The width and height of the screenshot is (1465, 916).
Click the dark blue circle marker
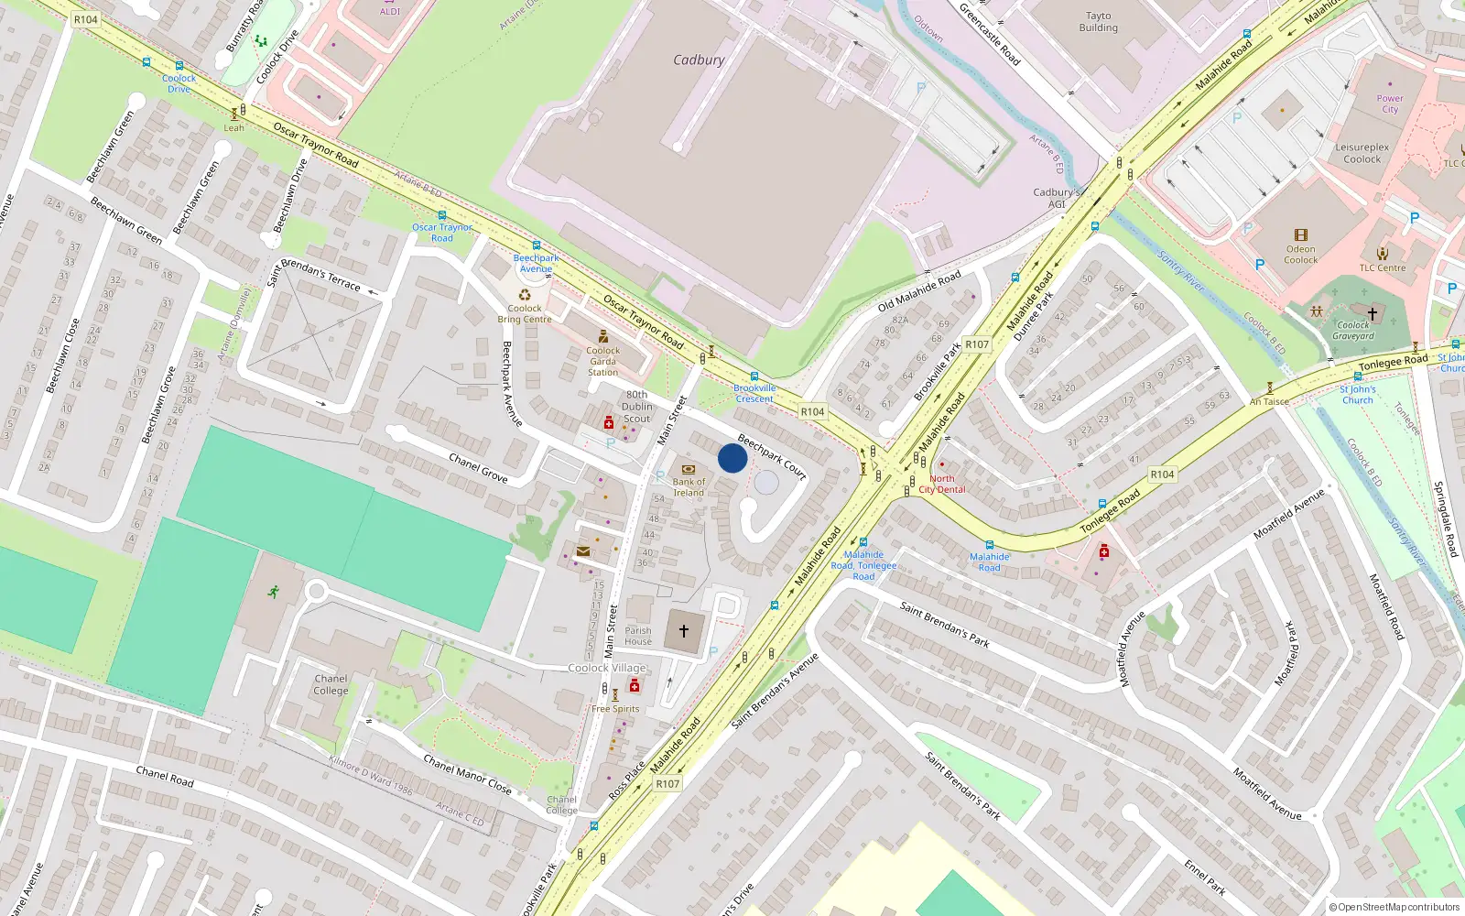coord(732,458)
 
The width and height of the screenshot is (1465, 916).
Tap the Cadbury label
coord(699,60)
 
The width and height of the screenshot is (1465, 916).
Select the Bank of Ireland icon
coord(689,469)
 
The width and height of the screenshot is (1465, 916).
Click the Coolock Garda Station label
coord(602,361)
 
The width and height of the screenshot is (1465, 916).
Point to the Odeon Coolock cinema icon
coord(1300,235)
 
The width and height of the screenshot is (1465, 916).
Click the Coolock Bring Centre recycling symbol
coord(525,295)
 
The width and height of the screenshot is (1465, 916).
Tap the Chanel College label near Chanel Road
coord(331,685)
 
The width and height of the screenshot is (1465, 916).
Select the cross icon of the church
coord(684,631)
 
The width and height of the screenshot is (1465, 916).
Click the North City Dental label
coord(942,485)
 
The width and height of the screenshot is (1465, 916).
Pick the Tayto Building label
coord(1098,22)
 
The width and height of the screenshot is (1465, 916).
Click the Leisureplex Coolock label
coord(1362,153)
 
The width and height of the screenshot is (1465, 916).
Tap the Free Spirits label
coord(615,709)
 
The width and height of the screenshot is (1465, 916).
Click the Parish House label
coord(638,636)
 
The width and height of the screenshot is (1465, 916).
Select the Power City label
coord(1389,104)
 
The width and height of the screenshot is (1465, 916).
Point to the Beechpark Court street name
coord(772,457)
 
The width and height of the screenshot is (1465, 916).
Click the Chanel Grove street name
coord(478,468)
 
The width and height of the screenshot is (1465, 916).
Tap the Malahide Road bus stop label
coord(990,562)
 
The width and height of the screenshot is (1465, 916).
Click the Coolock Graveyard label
coord(1353,331)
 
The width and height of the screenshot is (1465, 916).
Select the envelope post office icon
coord(583,551)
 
